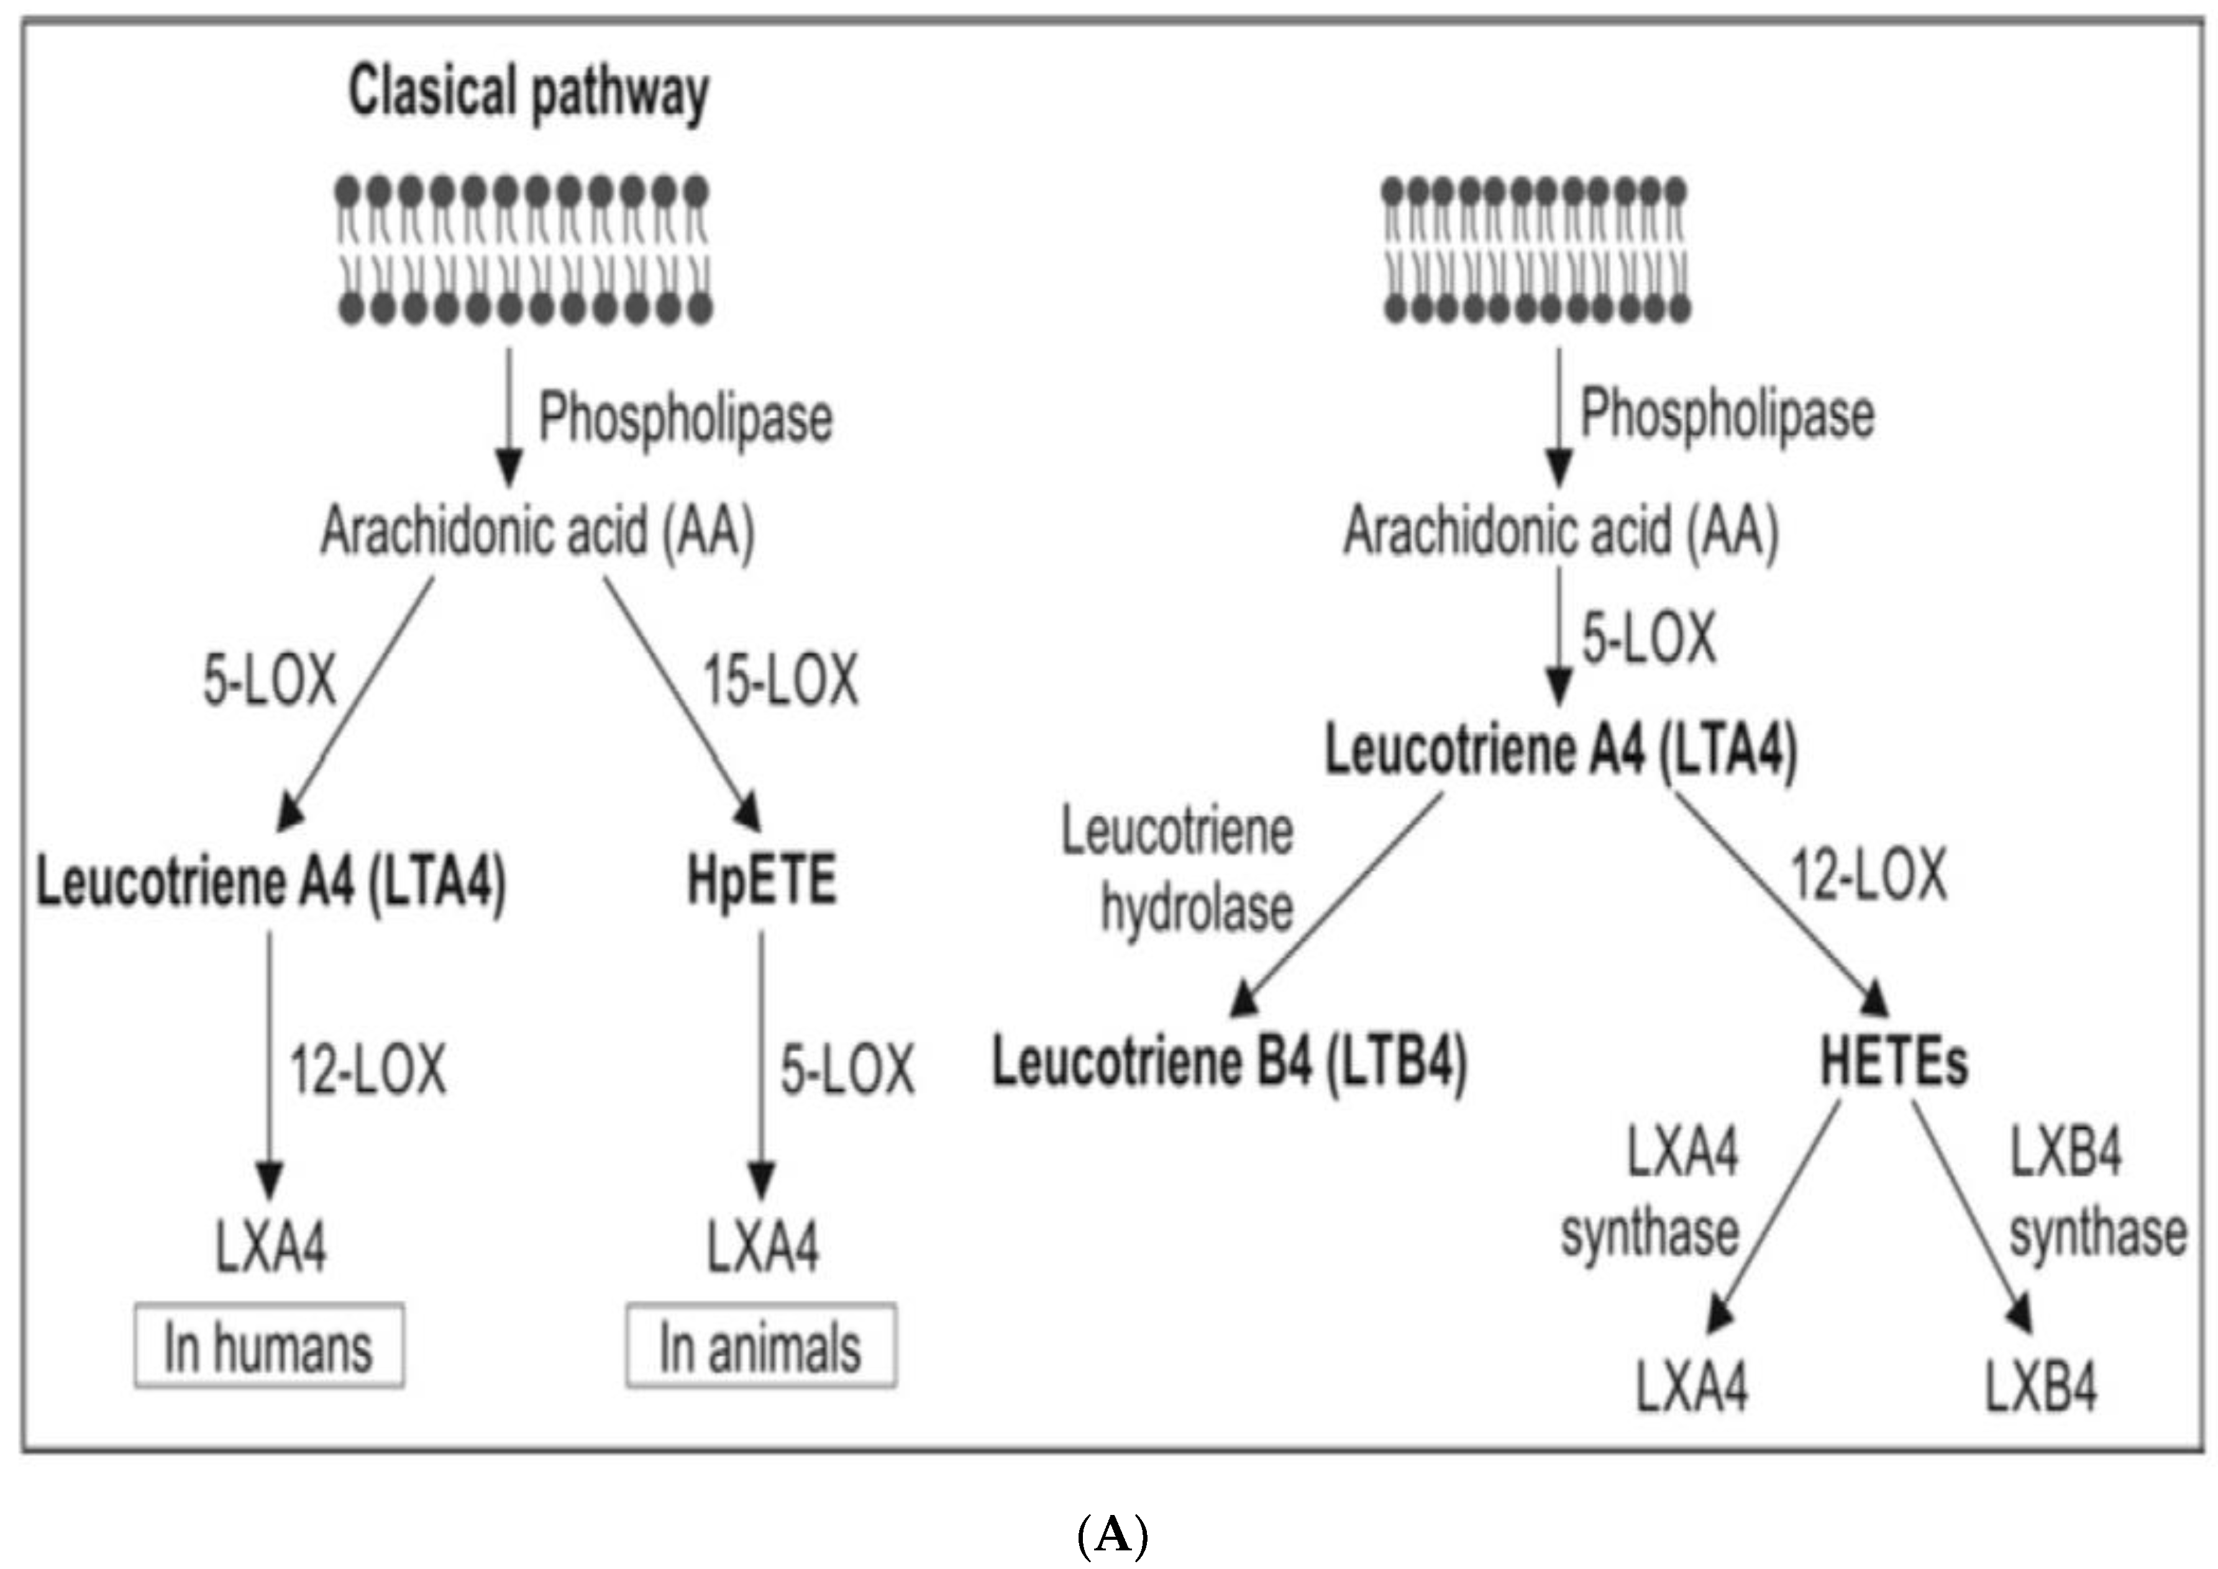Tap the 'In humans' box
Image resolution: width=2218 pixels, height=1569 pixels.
click(268, 1347)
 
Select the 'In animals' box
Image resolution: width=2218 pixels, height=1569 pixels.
click(760, 1347)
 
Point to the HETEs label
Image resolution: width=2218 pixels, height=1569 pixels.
click(1893, 1062)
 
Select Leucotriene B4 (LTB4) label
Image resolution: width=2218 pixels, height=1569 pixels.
click(1230, 1062)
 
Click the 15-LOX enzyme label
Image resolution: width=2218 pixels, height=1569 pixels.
click(780, 680)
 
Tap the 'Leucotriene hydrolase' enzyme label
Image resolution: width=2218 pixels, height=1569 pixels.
click(1179, 869)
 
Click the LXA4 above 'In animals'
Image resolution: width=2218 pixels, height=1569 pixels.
click(762, 1246)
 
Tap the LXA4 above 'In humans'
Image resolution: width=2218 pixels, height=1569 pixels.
click(271, 1246)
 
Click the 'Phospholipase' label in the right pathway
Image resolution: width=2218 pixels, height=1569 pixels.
click(1727, 414)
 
